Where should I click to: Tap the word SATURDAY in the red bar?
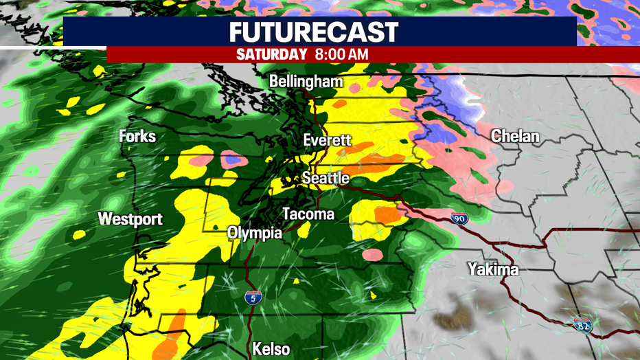(271, 54)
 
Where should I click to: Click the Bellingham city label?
(306, 82)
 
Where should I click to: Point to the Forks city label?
(137, 136)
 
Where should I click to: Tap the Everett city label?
(328, 141)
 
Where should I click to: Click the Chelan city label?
(515, 137)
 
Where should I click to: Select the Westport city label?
(130, 219)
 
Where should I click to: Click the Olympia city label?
(255, 234)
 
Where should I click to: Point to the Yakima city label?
(493, 269)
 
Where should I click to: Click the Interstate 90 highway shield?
(459, 219)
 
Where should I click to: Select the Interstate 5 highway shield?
(252, 297)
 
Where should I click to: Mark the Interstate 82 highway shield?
(582, 324)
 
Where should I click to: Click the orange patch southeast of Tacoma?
(388, 215)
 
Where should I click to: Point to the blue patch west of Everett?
(233, 160)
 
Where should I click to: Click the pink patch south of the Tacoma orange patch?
(372, 255)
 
